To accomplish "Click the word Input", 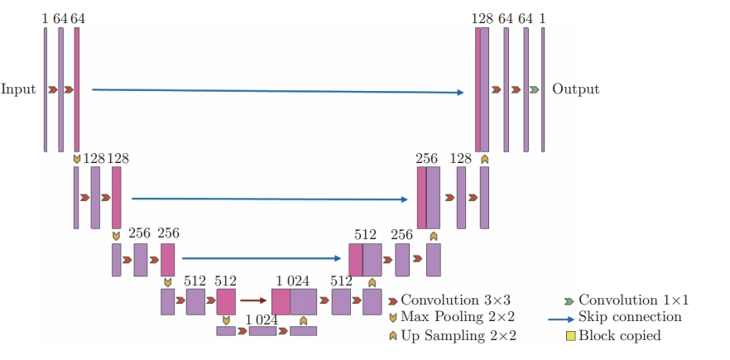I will (18, 89).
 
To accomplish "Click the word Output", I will (575, 89).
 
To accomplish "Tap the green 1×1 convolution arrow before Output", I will (535, 89).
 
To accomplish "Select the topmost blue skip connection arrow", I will (277, 91).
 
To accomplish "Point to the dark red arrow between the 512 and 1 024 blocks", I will (254, 301).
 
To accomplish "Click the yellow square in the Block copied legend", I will (570, 336).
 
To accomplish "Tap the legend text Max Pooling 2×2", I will (458, 317).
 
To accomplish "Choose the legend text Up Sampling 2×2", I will (459, 336).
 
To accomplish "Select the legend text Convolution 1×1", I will (633, 300).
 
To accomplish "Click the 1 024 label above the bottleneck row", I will (262, 319).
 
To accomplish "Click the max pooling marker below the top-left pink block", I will (77, 158).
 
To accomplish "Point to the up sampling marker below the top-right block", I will (484, 158).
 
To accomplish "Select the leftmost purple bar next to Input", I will (46, 89).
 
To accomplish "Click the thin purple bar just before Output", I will (543, 89).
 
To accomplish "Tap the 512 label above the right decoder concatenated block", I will (365, 235).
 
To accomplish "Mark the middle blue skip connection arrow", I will (270, 199).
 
